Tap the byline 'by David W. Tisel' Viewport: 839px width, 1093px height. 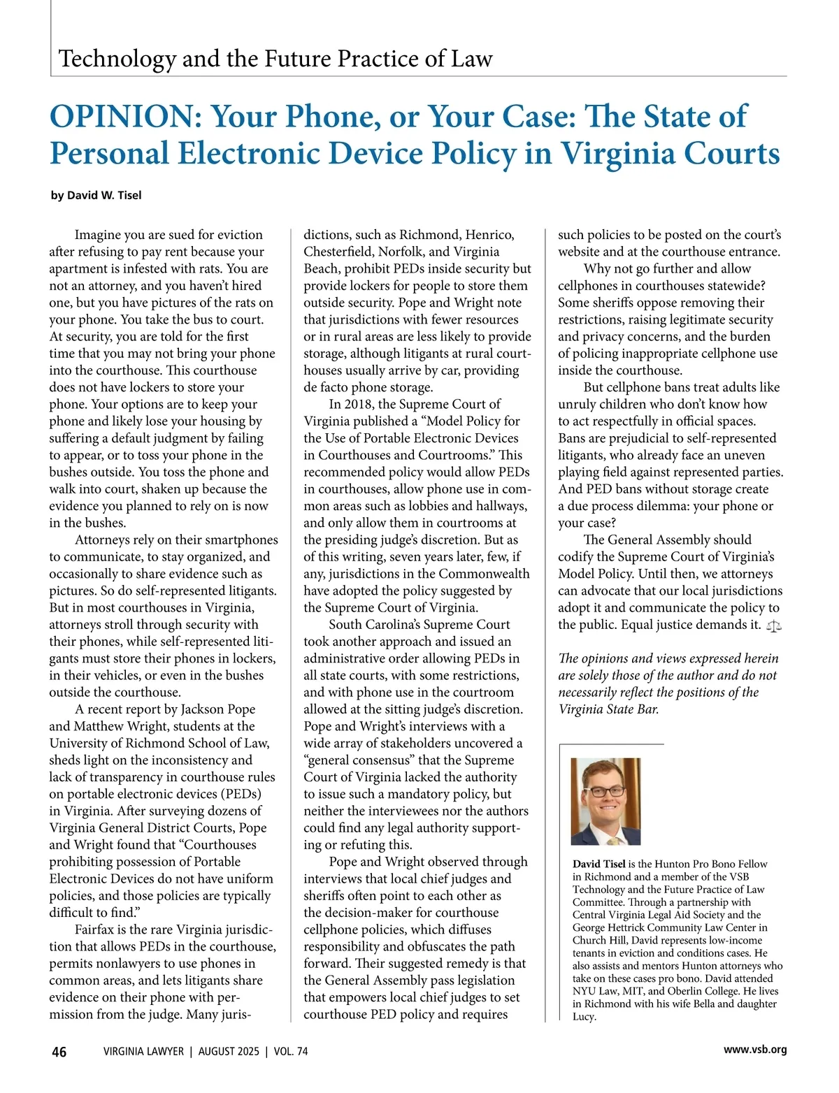coord(96,196)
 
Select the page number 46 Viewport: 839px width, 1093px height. coord(59,1052)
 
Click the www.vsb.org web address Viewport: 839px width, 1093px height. coord(755,1050)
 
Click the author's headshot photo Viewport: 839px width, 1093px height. coord(605,802)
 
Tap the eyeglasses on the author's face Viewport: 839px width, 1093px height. coord(607,792)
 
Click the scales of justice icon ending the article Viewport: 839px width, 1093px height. coord(774,626)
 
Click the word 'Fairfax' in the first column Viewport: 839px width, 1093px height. coord(97,930)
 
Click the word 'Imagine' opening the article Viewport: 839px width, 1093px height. coord(98,235)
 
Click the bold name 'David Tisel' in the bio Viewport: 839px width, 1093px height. coord(598,864)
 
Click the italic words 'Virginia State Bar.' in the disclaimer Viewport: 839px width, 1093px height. coord(608,710)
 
